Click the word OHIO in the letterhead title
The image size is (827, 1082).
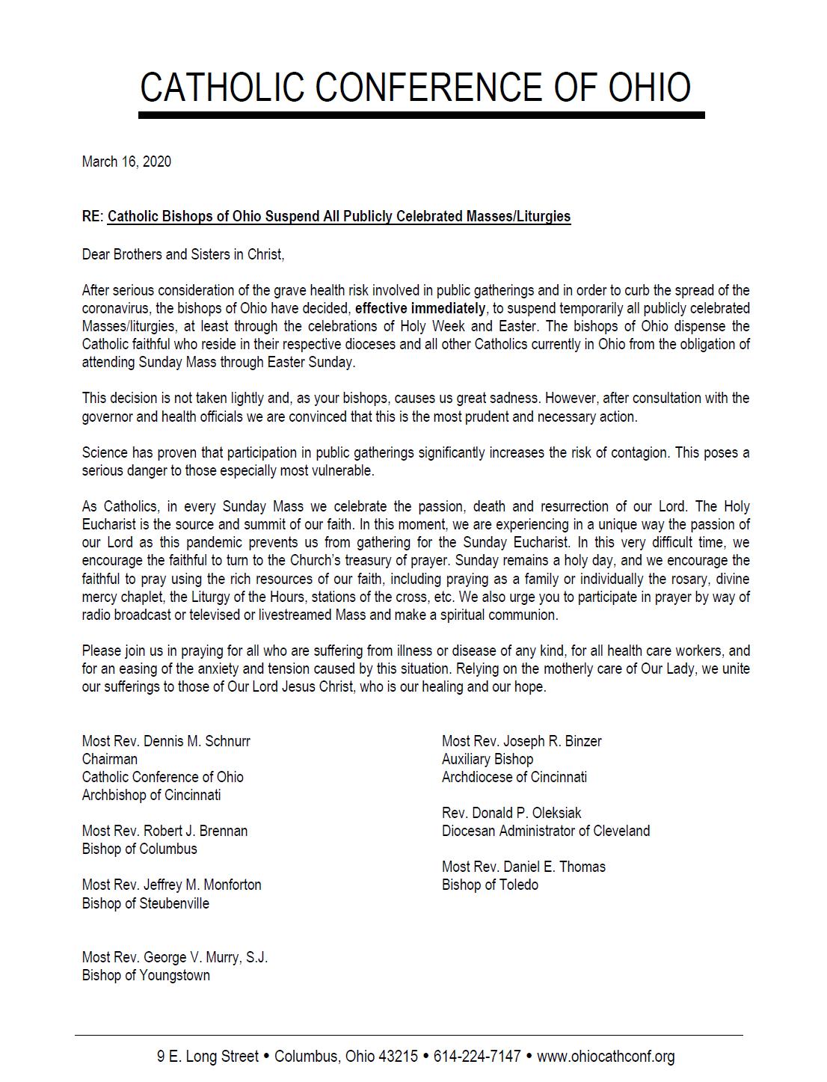pyautogui.click(x=649, y=88)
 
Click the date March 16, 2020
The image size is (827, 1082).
pyautogui.click(x=126, y=162)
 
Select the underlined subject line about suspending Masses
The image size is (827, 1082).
pyautogui.click(x=339, y=217)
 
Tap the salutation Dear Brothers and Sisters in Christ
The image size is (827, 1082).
pyautogui.click(x=183, y=254)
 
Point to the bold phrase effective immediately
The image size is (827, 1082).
pyautogui.click(x=419, y=308)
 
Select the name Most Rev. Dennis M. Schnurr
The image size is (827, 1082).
pyautogui.click(x=166, y=741)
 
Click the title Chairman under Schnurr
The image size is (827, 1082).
pyautogui.click(x=110, y=759)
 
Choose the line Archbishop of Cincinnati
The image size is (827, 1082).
pyautogui.click(x=151, y=795)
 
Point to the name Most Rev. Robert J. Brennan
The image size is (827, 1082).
pyautogui.click(x=165, y=831)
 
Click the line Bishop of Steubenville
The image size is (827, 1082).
pyautogui.click(x=146, y=903)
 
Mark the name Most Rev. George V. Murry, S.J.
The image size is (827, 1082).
pyautogui.click(x=175, y=957)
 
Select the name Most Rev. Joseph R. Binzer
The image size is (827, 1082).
pyautogui.click(x=521, y=741)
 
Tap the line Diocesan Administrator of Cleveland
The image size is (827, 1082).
pyautogui.click(x=546, y=831)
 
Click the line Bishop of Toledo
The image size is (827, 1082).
pyautogui.click(x=490, y=885)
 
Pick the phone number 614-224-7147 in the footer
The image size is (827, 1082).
pyautogui.click(x=477, y=1057)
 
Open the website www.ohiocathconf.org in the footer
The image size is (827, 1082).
pyautogui.click(x=606, y=1057)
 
